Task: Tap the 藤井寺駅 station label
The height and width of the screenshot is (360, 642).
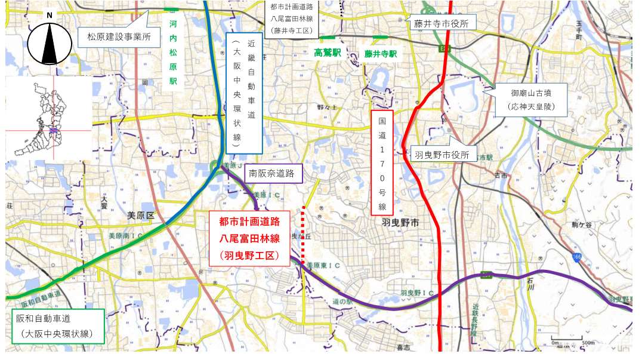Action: [x=380, y=53]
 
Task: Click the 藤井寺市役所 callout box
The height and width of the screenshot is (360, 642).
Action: [x=442, y=23]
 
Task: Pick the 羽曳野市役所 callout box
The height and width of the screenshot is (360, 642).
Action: [x=442, y=155]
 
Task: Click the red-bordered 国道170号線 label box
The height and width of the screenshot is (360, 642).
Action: [x=382, y=162]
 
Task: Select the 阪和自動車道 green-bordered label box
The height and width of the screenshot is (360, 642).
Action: [x=57, y=326]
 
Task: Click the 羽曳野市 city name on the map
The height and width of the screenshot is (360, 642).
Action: [x=399, y=222]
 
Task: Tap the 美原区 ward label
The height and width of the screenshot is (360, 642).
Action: [x=140, y=214]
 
